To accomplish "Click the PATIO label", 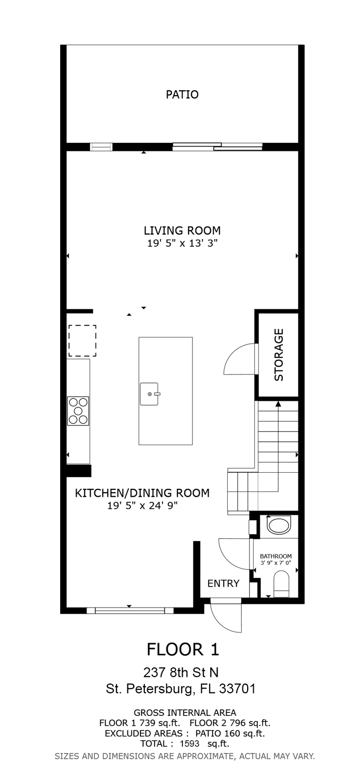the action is point(182,95).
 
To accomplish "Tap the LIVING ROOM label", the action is point(182,230).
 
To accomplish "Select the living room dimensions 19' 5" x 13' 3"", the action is point(182,243).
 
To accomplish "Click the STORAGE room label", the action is point(279,355).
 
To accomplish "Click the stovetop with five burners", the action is point(78,411).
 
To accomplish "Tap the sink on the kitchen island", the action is point(150,394).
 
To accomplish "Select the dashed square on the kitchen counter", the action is point(82,341).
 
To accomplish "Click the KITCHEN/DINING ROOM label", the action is point(142,493).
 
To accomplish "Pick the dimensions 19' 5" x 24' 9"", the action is point(142,506).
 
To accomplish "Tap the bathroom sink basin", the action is point(279,525).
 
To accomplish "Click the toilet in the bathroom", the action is point(281,584).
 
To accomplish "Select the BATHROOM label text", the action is point(276,556).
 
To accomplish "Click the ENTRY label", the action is point(223,584).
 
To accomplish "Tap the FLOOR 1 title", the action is point(183,650).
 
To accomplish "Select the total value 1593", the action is point(190,743).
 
